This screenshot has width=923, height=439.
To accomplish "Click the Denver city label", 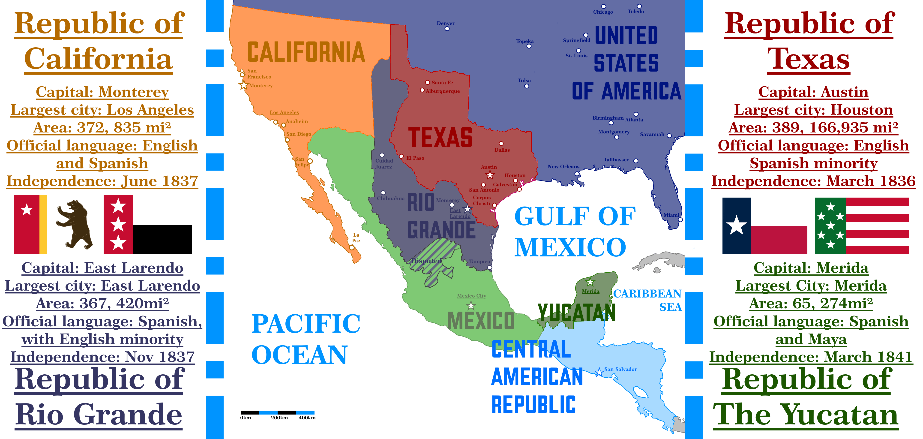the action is (x=445, y=23).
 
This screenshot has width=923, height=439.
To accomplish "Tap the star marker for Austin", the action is (x=490, y=175).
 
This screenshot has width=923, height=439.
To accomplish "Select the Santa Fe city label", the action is (x=442, y=82).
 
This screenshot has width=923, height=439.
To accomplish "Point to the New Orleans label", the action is (x=563, y=167).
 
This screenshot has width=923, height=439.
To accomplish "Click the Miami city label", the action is (x=671, y=215).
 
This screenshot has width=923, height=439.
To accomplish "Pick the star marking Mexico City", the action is (x=471, y=306).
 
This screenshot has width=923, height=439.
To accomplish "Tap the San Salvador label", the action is (x=620, y=369).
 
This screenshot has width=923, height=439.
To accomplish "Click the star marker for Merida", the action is (x=590, y=282).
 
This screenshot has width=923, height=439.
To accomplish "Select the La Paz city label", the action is (x=356, y=238).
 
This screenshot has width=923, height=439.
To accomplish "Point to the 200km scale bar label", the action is (x=279, y=418).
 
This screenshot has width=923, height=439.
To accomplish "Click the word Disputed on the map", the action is (x=426, y=261).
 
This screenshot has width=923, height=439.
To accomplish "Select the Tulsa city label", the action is (x=524, y=80).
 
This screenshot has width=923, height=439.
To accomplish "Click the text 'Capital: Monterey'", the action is (x=102, y=92).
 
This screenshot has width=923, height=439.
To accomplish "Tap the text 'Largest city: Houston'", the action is (x=813, y=110).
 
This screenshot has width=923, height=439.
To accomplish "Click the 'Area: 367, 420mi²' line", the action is (x=102, y=304).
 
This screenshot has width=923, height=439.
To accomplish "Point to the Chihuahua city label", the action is (x=391, y=198).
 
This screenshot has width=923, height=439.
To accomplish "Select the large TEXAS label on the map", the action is (x=440, y=138).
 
